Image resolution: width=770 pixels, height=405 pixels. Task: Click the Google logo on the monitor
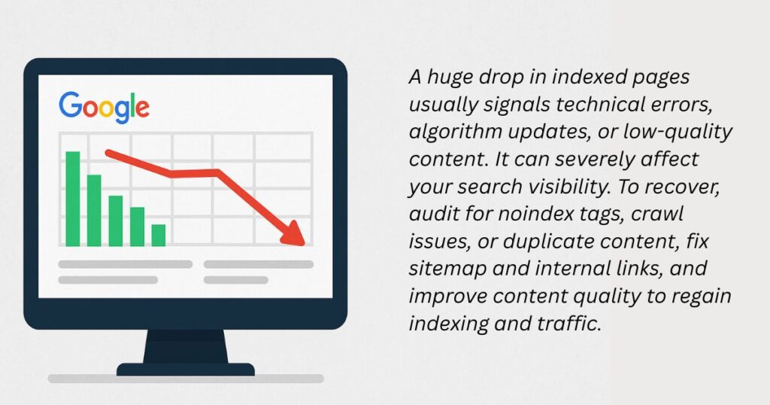pyautogui.click(x=104, y=107)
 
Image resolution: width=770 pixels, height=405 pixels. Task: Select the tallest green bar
pyautogui.click(x=73, y=199)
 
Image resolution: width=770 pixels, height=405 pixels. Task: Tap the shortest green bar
pyautogui.click(x=159, y=235)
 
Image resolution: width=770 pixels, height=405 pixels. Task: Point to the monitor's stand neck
pyautogui.click(x=186, y=346)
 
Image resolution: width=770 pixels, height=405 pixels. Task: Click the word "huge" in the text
pyautogui.click(x=451, y=78)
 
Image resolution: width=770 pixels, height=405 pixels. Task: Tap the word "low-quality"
pyautogui.click(x=678, y=132)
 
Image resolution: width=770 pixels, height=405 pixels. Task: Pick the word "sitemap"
pyautogui.click(x=448, y=269)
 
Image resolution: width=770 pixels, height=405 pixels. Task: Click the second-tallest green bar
pyautogui.click(x=94, y=210)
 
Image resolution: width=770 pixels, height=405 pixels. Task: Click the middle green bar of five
pyautogui.click(x=115, y=221)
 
